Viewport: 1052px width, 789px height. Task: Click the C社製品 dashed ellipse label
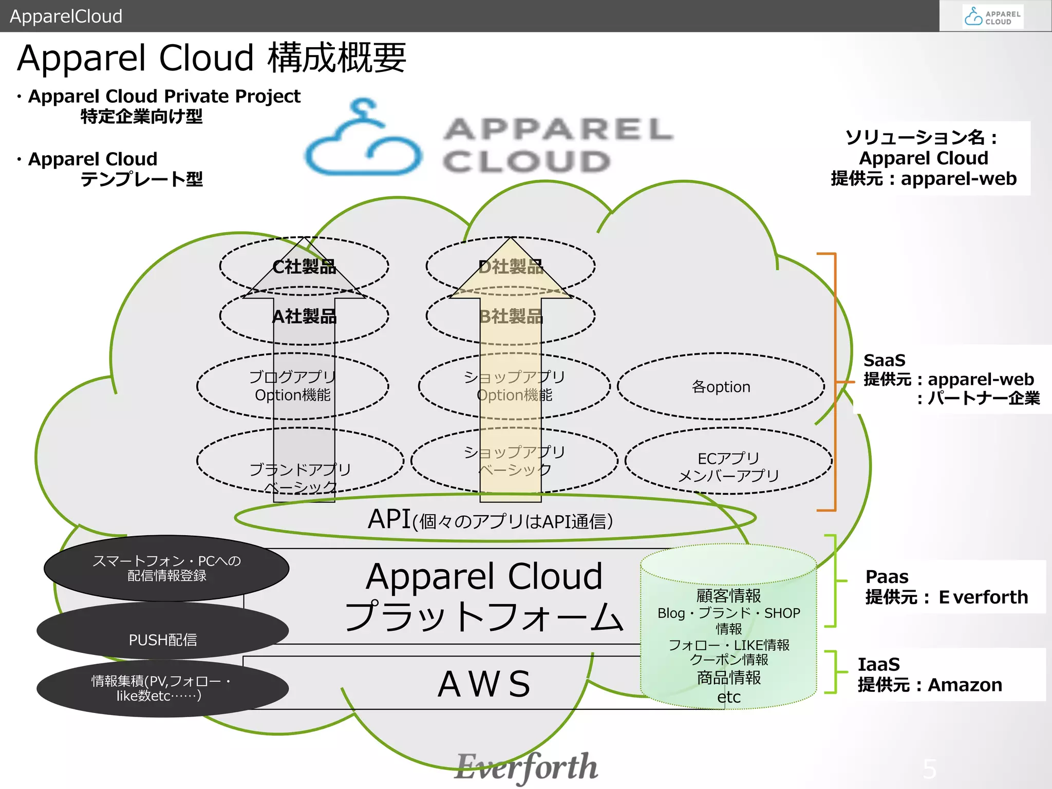(x=304, y=267)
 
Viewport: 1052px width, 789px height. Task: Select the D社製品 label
(x=511, y=267)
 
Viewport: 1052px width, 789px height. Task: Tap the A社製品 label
(x=304, y=316)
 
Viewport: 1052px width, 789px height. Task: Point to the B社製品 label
(x=511, y=316)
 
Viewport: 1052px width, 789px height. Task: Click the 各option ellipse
(x=721, y=387)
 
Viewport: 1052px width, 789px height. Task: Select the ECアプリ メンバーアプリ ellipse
(x=728, y=466)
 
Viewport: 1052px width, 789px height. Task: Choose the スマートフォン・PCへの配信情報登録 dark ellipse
(x=166, y=568)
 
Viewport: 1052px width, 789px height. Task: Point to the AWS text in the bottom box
(x=484, y=684)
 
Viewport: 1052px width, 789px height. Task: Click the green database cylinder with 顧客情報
(x=728, y=627)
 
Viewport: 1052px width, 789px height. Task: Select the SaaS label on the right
(x=885, y=361)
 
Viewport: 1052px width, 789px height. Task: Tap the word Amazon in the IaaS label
(x=965, y=685)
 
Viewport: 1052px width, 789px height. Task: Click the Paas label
(x=887, y=577)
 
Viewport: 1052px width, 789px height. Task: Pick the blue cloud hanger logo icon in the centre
(x=363, y=139)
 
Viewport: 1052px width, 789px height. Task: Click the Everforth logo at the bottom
(x=526, y=766)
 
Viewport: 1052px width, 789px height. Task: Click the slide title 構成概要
(x=337, y=58)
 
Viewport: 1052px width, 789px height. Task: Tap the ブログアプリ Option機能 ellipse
(x=292, y=386)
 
